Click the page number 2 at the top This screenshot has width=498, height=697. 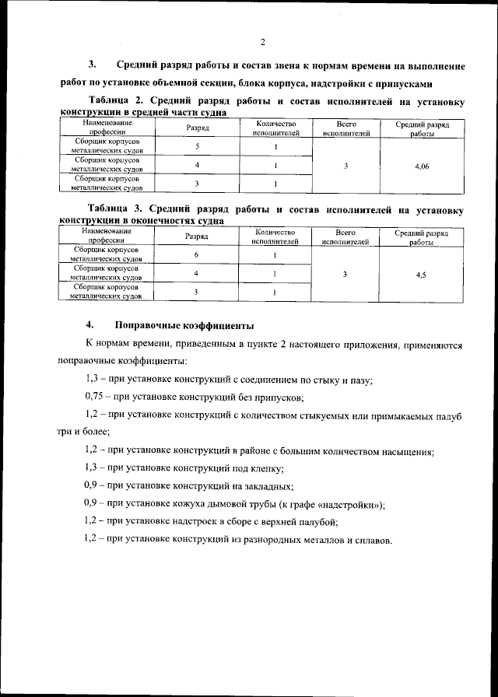tap(263, 41)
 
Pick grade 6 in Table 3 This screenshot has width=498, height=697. tap(197, 255)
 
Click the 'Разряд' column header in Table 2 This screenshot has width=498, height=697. tap(198, 128)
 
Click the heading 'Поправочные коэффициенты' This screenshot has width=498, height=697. tap(184, 324)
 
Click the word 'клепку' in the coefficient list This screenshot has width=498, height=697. tap(263, 468)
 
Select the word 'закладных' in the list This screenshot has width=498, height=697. tap(266, 486)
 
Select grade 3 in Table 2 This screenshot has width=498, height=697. tap(197, 184)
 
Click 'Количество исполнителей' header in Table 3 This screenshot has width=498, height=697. tap(275, 236)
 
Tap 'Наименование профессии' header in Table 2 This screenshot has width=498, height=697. tap(107, 128)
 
